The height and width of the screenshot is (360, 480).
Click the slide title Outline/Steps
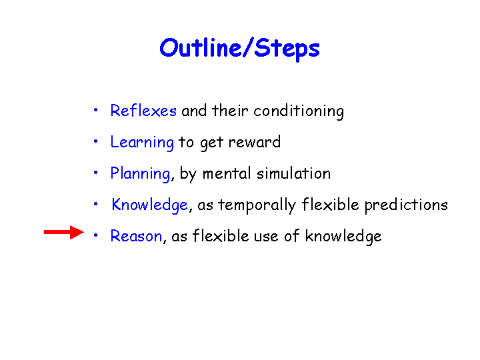pyautogui.click(x=240, y=49)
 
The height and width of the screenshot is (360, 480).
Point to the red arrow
pyautogui.click(x=64, y=233)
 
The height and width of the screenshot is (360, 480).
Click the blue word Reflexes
pyautogui.click(x=143, y=111)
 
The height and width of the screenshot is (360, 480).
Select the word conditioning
pyautogui.click(x=299, y=111)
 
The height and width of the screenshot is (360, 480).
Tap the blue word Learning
pyautogui.click(x=142, y=143)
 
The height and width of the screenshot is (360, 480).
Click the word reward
pyautogui.click(x=255, y=142)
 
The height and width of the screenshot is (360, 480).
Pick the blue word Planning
pyautogui.click(x=140, y=174)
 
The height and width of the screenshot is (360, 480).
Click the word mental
pyautogui.click(x=227, y=173)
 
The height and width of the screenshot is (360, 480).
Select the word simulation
pyautogui.click(x=293, y=173)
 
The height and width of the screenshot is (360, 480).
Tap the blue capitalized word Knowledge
pyautogui.click(x=149, y=205)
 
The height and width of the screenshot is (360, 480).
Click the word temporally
pyautogui.click(x=257, y=205)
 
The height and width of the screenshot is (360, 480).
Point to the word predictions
pyautogui.click(x=406, y=205)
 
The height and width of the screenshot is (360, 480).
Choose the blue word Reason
pyautogui.click(x=136, y=236)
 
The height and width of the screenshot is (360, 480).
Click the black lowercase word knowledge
pyautogui.click(x=343, y=237)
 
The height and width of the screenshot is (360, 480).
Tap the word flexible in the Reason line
pyautogui.click(x=221, y=236)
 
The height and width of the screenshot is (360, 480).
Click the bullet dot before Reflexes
pyautogui.click(x=96, y=110)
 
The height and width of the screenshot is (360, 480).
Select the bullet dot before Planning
pyautogui.click(x=96, y=173)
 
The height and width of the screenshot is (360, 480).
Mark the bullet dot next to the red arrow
pyautogui.click(x=96, y=235)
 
